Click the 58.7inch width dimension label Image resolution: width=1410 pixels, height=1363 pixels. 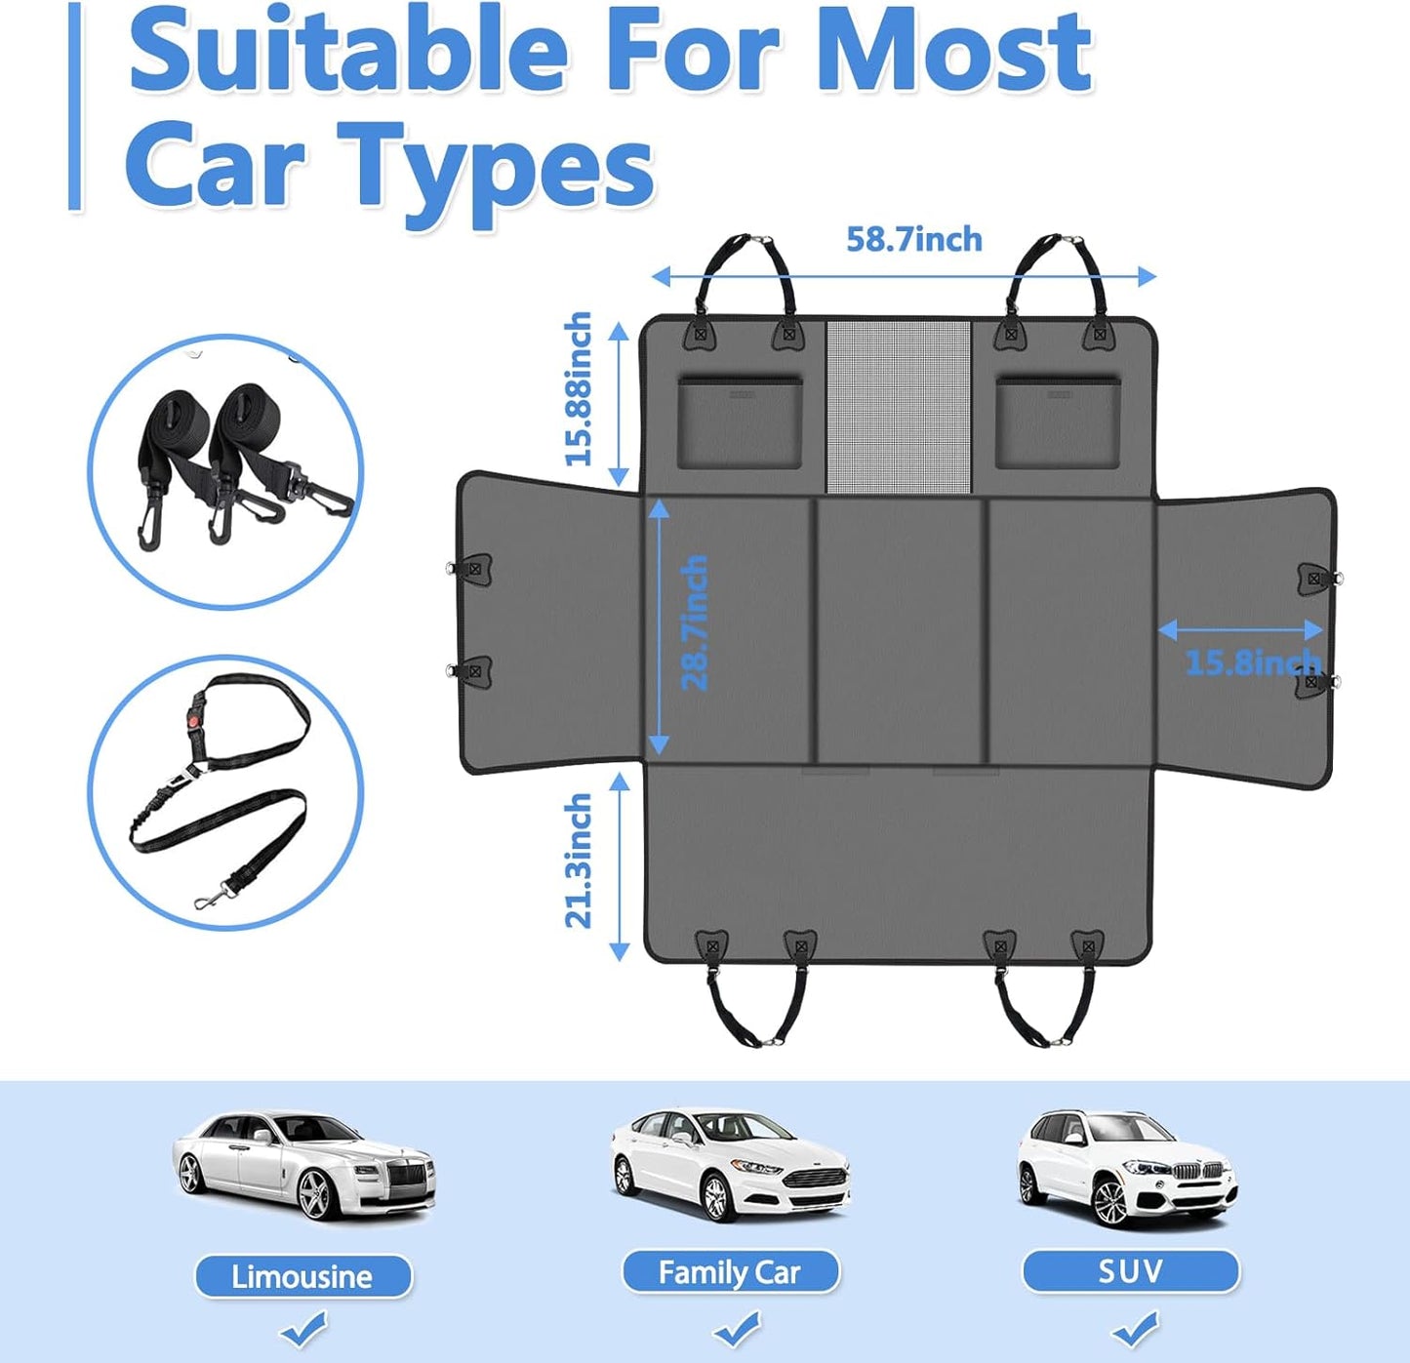click(913, 240)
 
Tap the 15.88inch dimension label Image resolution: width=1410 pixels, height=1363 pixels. click(578, 388)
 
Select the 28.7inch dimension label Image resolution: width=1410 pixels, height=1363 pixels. click(694, 622)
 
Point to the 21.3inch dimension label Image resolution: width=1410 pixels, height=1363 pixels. click(578, 860)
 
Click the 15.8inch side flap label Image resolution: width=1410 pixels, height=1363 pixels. click(1253, 662)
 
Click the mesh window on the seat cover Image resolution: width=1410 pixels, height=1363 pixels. click(899, 406)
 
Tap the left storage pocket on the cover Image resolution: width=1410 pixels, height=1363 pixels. click(740, 423)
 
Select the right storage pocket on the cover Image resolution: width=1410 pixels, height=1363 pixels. click(1058, 423)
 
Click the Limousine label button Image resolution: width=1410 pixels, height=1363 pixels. click(302, 1276)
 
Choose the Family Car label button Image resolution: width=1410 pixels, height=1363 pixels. click(730, 1272)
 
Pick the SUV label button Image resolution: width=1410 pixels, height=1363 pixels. click(1130, 1271)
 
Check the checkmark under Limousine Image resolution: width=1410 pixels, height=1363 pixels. click(303, 1328)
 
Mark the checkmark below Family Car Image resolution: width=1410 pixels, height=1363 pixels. click(737, 1328)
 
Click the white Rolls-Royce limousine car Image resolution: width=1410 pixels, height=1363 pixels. click(303, 1166)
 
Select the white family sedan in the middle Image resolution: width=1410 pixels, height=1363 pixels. click(730, 1163)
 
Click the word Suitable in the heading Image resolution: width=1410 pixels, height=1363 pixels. click(348, 51)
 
